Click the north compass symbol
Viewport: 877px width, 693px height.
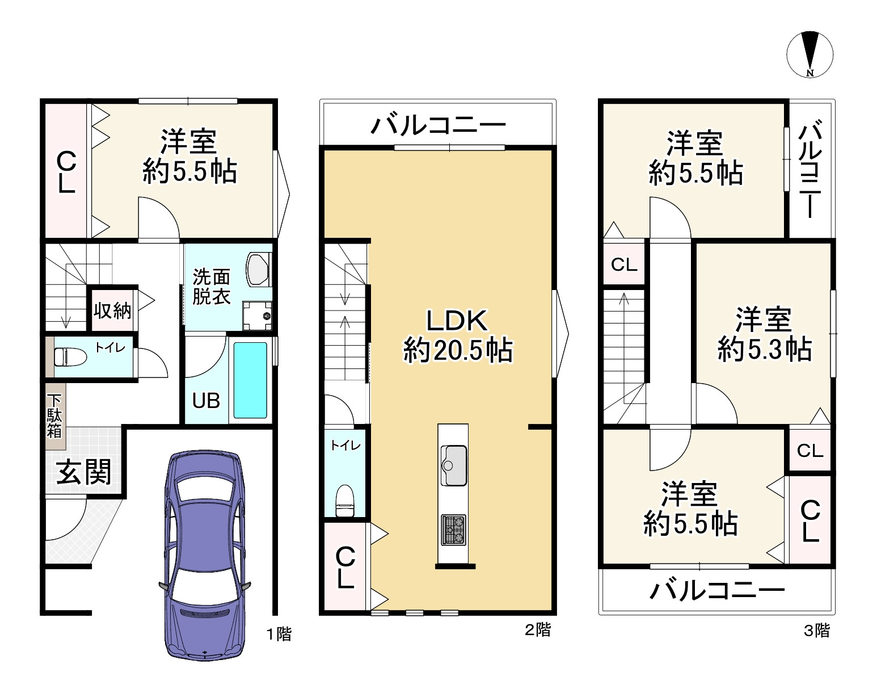point(809,54)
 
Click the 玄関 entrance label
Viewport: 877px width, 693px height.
point(84,472)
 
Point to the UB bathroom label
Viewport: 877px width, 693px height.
point(206,401)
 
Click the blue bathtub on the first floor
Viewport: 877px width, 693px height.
point(250,380)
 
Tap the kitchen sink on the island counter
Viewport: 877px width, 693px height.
point(453,465)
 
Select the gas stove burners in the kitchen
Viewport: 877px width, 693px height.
point(453,530)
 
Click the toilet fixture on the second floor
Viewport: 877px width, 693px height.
point(345,501)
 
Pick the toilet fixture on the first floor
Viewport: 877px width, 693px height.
point(70,358)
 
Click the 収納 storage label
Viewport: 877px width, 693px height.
point(112,311)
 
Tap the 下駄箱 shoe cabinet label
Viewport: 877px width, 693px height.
point(54,416)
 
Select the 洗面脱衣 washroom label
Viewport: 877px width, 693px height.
point(212,286)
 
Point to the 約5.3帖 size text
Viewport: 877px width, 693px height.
point(765,349)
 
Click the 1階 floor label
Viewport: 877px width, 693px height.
point(279,635)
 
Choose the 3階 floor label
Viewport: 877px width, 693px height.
point(817,631)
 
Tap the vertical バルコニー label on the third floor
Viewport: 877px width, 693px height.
point(809,169)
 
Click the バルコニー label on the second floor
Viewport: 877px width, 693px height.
point(438,124)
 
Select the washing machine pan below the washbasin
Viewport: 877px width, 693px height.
point(257,316)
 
